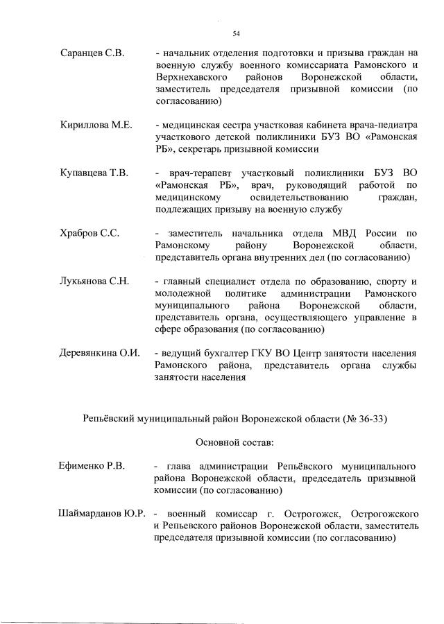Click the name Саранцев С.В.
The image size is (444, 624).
pyautogui.click(x=91, y=53)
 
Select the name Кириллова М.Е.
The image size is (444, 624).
pyautogui.click(x=96, y=125)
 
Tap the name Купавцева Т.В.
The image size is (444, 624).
pyautogui.click(x=94, y=173)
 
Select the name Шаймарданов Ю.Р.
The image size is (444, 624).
pyautogui.click(x=102, y=514)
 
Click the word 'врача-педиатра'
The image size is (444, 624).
pyautogui.click(x=382, y=125)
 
